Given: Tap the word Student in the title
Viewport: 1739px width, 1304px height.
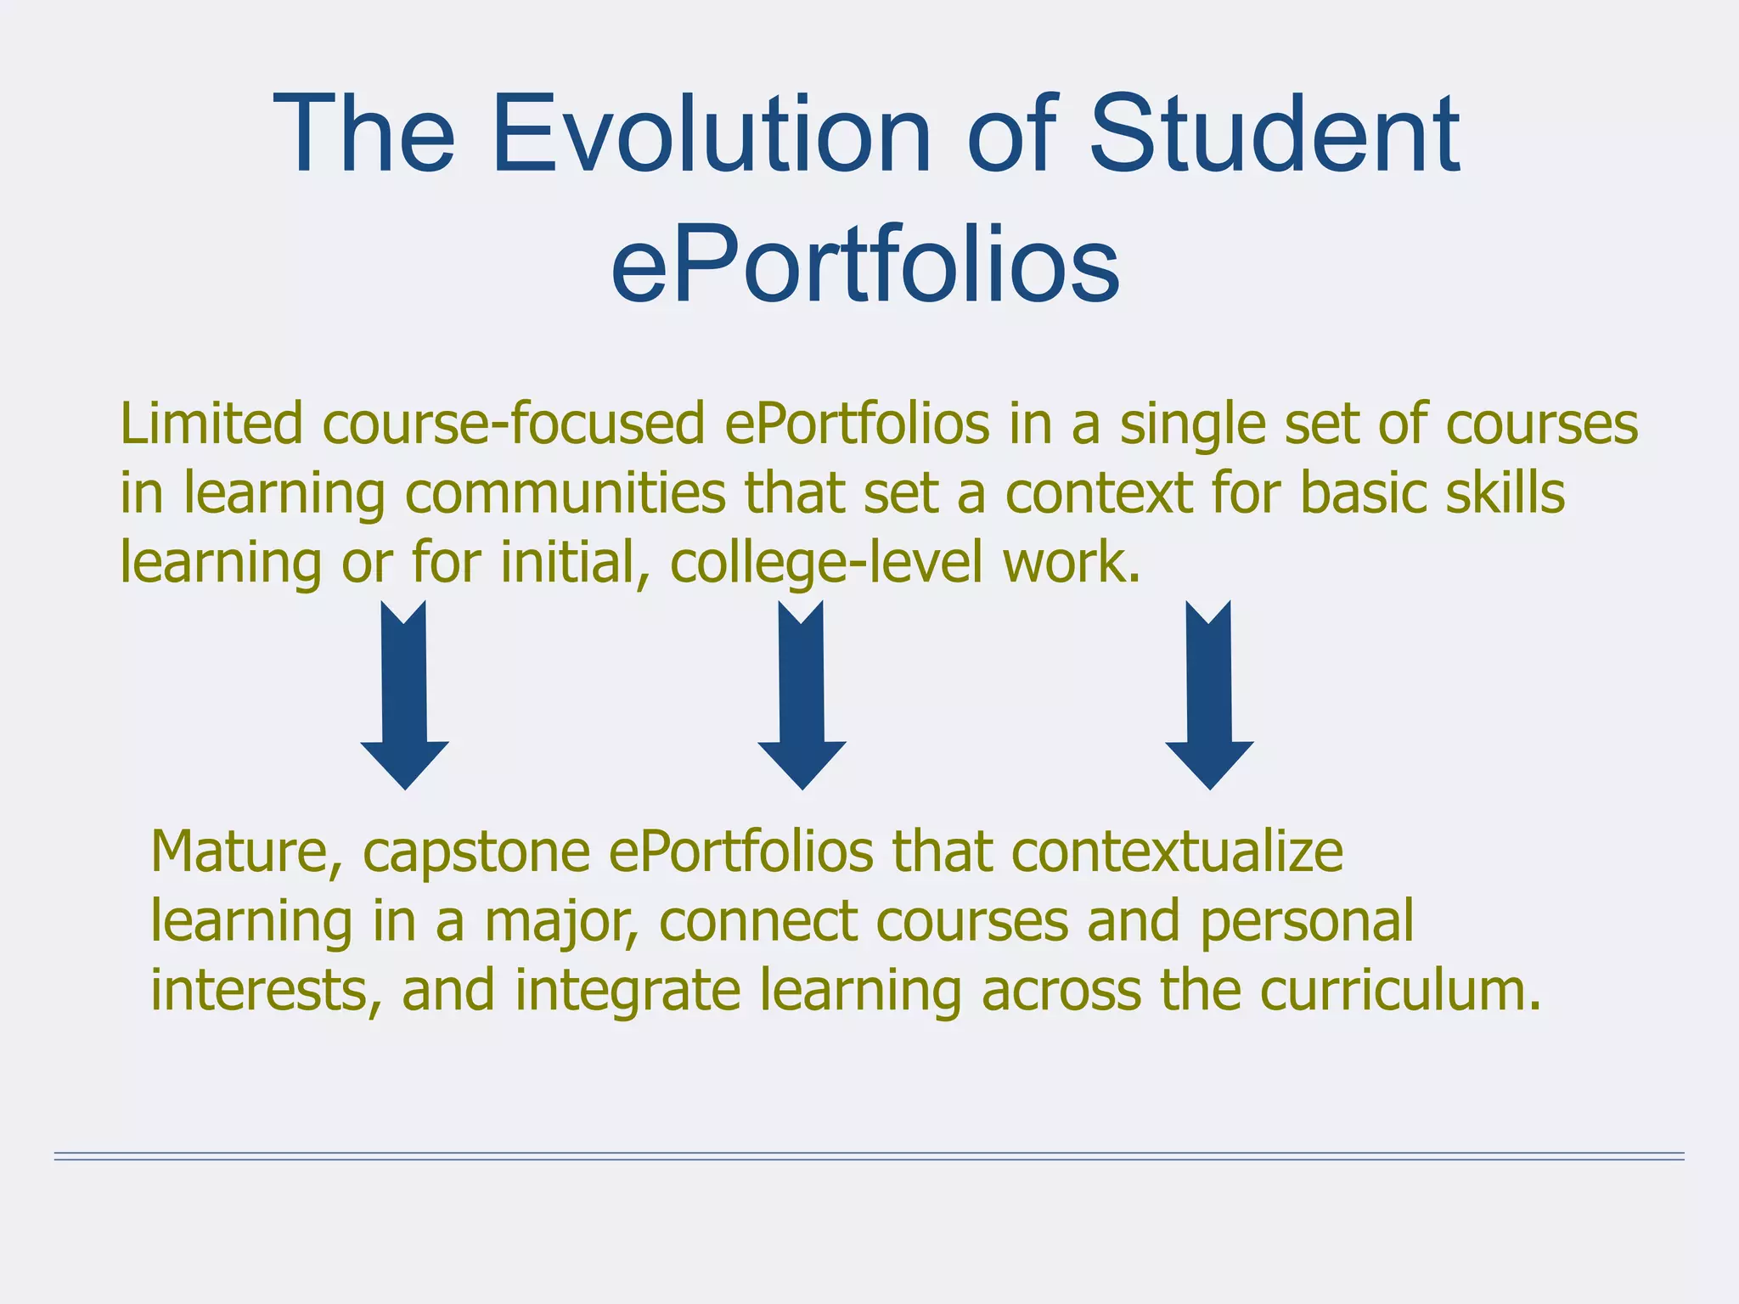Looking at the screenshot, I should click(1274, 136).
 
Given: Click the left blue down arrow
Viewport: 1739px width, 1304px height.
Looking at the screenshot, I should click(404, 696).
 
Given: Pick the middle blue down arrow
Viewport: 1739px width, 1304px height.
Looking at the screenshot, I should click(802, 696).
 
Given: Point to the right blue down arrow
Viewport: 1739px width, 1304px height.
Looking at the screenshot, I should click(1209, 696).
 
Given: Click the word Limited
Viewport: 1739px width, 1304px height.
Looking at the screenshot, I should click(211, 424).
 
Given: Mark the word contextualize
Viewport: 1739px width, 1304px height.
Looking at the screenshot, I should click(1177, 852).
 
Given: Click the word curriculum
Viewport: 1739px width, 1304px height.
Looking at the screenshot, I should click(1400, 992).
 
